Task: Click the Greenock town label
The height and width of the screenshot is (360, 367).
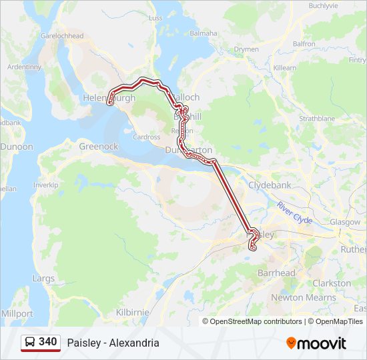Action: [x=98, y=146]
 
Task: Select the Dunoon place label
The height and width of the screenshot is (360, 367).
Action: [x=16, y=146]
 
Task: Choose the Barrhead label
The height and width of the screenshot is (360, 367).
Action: [x=276, y=273]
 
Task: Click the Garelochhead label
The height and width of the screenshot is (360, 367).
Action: [x=61, y=35]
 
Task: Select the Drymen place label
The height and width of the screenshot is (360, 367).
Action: [x=246, y=49]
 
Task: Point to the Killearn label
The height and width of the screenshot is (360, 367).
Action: [x=285, y=68]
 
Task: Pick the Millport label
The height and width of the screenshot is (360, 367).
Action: [x=17, y=313]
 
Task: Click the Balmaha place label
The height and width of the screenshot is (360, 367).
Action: [x=203, y=33]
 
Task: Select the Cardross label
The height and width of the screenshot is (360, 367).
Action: [x=146, y=137]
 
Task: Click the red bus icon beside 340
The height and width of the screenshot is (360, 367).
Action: [x=31, y=343]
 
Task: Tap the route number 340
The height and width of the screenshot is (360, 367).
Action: [x=48, y=342]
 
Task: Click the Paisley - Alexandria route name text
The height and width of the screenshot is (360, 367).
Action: [x=113, y=343]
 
